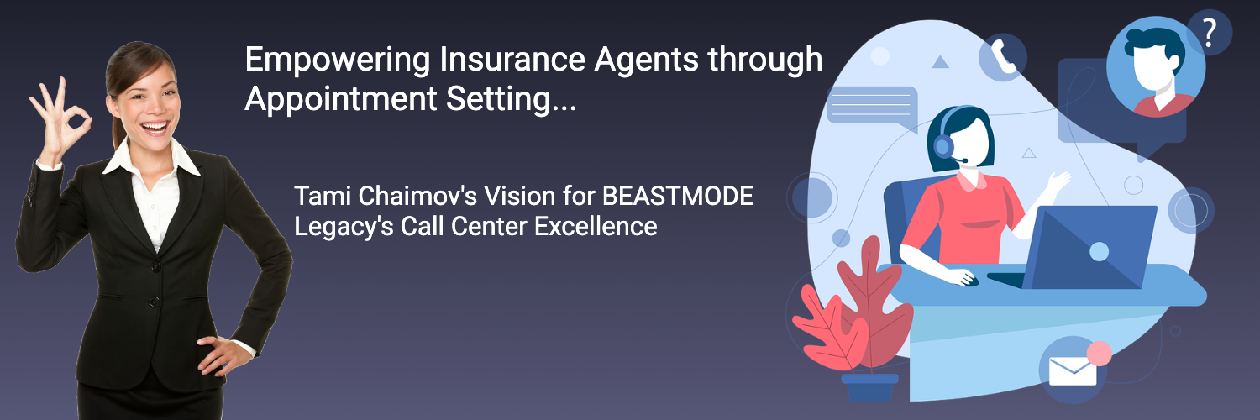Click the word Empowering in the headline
[338, 60]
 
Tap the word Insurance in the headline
[512, 59]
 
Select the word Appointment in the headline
[341, 99]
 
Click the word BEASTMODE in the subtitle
[678, 197]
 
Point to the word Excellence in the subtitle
[596, 227]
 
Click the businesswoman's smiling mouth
[155, 128]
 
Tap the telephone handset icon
[1002, 57]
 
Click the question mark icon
[1209, 33]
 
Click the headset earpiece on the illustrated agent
[943, 145]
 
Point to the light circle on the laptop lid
[1099, 251]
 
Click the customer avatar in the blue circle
[1156, 67]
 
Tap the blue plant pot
[869, 387]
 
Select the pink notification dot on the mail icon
[1099, 354]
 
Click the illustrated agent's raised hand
[1057, 182]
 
